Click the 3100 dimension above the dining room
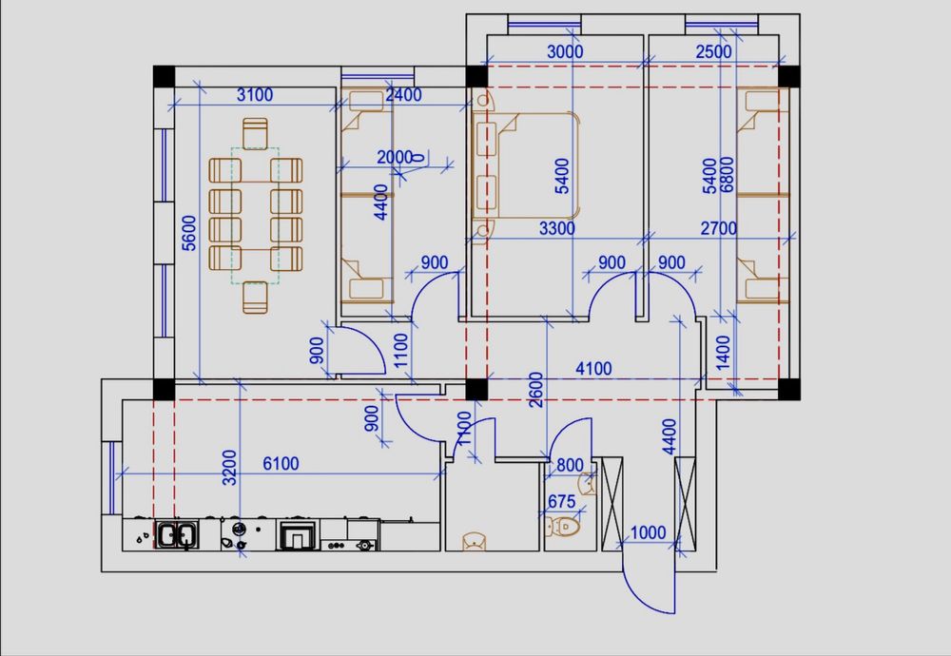tap(255, 94)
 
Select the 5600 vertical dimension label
tap(189, 233)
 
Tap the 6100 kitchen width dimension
tap(281, 464)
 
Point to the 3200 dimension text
tap(229, 468)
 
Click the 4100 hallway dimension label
tap(593, 369)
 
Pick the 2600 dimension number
tap(536, 390)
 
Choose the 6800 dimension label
tap(727, 175)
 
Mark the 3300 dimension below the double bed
tap(557, 228)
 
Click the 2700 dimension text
tap(719, 228)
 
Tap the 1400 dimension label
tap(723, 353)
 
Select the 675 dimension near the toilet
tap(561, 502)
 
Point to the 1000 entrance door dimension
tap(649, 533)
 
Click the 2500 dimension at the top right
tap(714, 52)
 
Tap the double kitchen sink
tap(177, 534)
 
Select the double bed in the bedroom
tap(526, 164)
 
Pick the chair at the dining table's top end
tap(255, 134)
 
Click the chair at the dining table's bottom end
tap(255, 298)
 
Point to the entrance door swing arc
tap(640, 588)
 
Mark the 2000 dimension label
tap(395, 158)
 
